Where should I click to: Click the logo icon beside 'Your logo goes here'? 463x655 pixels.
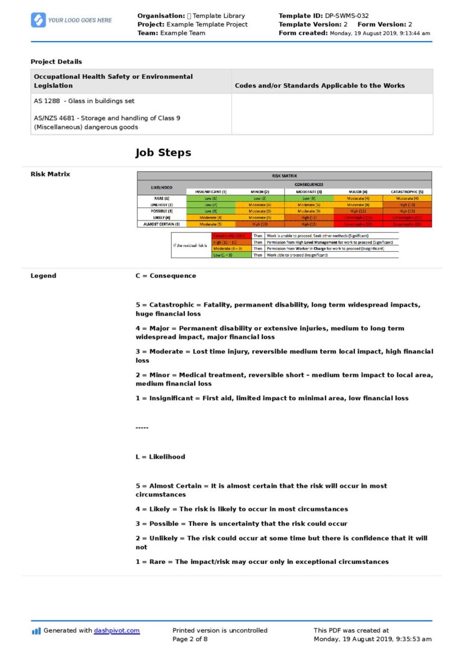click(x=38, y=20)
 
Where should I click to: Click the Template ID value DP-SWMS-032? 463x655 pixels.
click(x=347, y=16)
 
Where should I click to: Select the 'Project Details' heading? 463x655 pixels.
click(x=56, y=61)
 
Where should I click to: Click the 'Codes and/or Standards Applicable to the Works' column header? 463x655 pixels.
click(x=320, y=86)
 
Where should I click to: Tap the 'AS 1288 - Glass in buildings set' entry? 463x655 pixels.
click(x=84, y=101)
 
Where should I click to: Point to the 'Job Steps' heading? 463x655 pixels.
click(x=163, y=152)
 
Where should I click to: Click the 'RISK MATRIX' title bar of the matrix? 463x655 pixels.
click(x=284, y=176)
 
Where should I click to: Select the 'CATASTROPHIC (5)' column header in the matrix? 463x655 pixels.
click(x=407, y=191)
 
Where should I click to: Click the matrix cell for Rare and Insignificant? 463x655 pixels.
click(x=211, y=198)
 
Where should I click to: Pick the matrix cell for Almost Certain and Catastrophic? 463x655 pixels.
click(x=407, y=224)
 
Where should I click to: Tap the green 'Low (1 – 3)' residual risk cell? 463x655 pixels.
click(x=231, y=255)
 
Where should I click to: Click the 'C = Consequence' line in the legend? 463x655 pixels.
click(x=165, y=276)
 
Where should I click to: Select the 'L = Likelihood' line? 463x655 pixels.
click(x=160, y=457)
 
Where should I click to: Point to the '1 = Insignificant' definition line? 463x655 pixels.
click(x=271, y=398)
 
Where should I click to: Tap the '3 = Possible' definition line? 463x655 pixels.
click(x=241, y=524)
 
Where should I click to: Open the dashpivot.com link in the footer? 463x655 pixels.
click(x=116, y=630)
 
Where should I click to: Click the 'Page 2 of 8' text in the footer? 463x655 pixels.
click(x=190, y=639)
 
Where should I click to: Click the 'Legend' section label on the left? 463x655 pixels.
click(x=43, y=276)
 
